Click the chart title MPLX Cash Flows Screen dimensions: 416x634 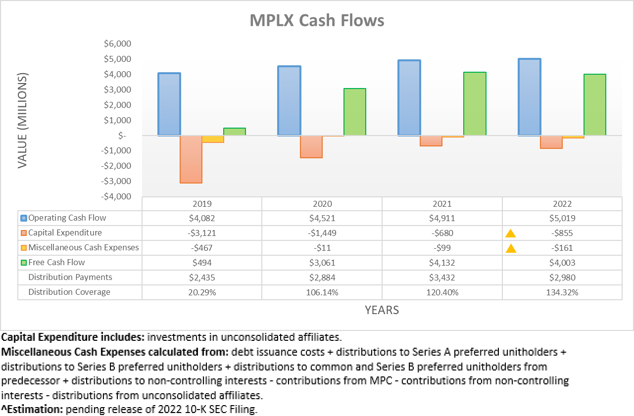317,21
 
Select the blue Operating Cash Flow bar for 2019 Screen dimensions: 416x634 169,104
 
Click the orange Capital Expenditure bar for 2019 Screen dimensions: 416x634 191,159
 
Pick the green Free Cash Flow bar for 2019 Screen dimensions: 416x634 235,132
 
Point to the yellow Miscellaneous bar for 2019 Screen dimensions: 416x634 213,139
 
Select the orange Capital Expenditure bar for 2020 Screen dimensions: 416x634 311,146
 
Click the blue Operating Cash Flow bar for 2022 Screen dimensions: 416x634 529,97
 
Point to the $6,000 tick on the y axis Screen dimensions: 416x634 117,44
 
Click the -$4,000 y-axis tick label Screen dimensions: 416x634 117,196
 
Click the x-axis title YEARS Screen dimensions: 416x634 382,310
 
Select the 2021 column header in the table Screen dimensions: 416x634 442,204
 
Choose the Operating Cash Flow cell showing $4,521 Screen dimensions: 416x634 322,218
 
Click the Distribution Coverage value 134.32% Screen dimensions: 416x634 562,292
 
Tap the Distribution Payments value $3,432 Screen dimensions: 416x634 442,277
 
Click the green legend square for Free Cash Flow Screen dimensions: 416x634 24,263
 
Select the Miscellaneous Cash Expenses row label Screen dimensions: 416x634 84,248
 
